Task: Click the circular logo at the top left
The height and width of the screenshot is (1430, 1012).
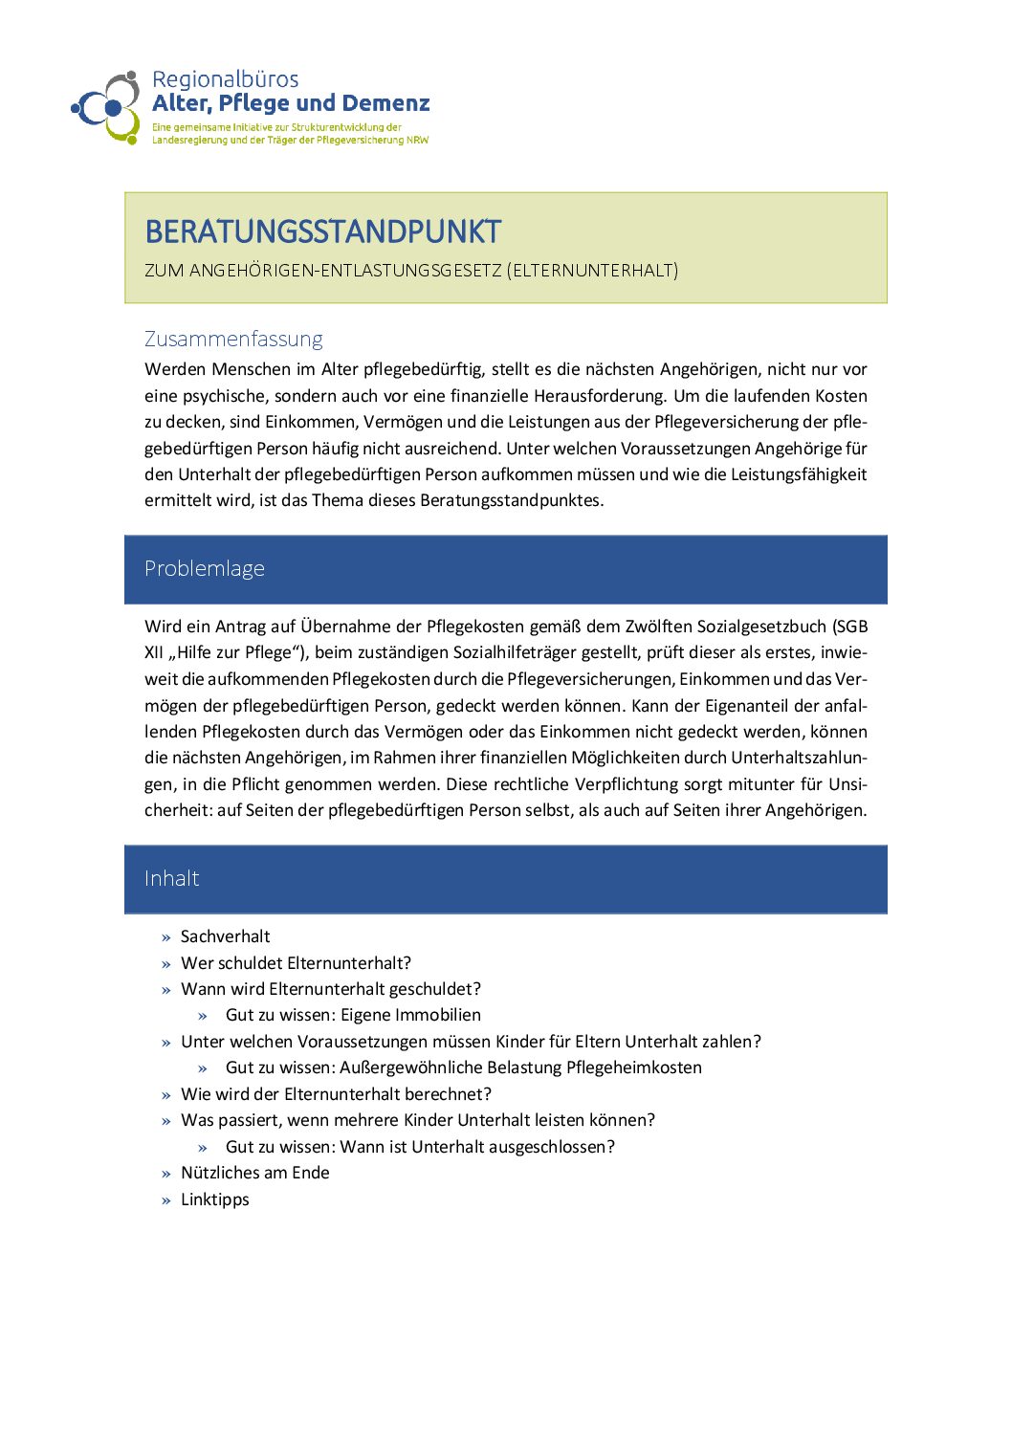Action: pos(106,107)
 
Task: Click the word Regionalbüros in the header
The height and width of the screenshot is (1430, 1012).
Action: pos(225,79)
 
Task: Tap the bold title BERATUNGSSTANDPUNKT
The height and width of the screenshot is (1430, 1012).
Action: pos(322,231)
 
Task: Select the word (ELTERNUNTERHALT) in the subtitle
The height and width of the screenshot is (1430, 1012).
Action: pos(592,271)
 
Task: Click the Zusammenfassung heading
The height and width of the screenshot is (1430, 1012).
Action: pos(233,339)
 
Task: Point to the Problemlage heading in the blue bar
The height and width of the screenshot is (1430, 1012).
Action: pos(204,568)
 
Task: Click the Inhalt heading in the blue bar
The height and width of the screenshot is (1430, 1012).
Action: pos(171,878)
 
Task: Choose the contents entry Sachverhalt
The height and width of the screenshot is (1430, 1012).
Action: pos(225,936)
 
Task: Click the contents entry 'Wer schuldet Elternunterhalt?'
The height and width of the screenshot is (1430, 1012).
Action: pos(296,963)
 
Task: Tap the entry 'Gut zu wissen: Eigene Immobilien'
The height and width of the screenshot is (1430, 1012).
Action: pos(353,1015)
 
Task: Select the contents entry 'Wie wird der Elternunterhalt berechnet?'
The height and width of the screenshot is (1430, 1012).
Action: pos(336,1094)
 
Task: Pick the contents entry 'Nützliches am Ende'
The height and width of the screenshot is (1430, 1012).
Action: pos(254,1173)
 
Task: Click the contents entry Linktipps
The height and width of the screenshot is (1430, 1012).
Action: pos(214,1199)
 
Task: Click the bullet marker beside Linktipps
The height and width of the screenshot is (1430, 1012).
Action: pos(166,1200)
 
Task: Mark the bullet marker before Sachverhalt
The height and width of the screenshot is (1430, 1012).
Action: pos(166,937)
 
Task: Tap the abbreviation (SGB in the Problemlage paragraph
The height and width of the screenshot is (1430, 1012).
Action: pos(848,627)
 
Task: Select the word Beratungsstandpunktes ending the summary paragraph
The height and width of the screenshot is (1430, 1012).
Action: pos(512,500)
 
